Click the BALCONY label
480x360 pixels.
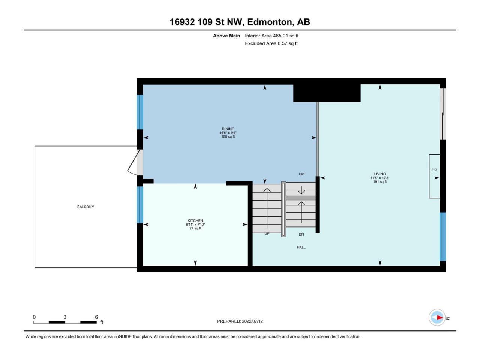(x=85, y=207)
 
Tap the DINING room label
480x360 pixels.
(x=228, y=129)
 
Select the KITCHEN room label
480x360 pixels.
(x=195, y=220)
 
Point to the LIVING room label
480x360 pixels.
(x=380, y=174)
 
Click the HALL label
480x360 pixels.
(x=301, y=247)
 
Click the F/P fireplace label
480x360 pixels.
(x=434, y=170)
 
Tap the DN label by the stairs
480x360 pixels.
(x=301, y=234)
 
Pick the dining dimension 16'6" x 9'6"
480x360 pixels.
(x=228, y=133)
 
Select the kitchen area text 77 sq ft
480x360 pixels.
(x=195, y=228)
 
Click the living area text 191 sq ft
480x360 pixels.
(x=380, y=181)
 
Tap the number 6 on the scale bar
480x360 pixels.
(x=96, y=317)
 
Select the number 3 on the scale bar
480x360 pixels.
(x=65, y=317)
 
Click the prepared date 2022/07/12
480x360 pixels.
(x=252, y=321)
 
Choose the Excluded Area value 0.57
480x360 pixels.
(x=282, y=43)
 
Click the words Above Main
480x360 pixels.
(x=226, y=36)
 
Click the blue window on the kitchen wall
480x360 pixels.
(x=140, y=205)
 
